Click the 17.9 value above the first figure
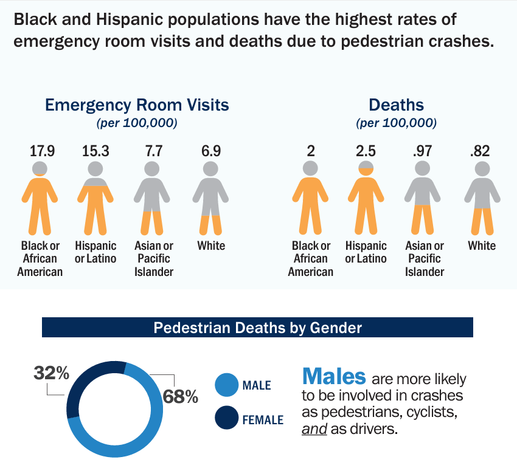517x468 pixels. click(x=43, y=150)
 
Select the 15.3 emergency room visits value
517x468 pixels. click(x=95, y=150)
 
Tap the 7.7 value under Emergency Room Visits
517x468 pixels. click(x=151, y=150)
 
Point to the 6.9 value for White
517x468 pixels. click(x=211, y=150)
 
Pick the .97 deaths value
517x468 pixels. click(x=424, y=150)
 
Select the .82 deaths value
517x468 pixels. click(x=482, y=150)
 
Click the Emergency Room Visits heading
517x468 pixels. click(x=137, y=105)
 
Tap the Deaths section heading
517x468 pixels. click(x=396, y=105)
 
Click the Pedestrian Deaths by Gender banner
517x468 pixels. click(x=257, y=328)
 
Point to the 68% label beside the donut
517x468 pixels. click(x=181, y=397)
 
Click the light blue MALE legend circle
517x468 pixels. click(x=226, y=385)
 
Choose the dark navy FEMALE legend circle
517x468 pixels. click(x=226, y=419)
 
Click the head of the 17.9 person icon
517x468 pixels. click(x=40, y=168)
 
